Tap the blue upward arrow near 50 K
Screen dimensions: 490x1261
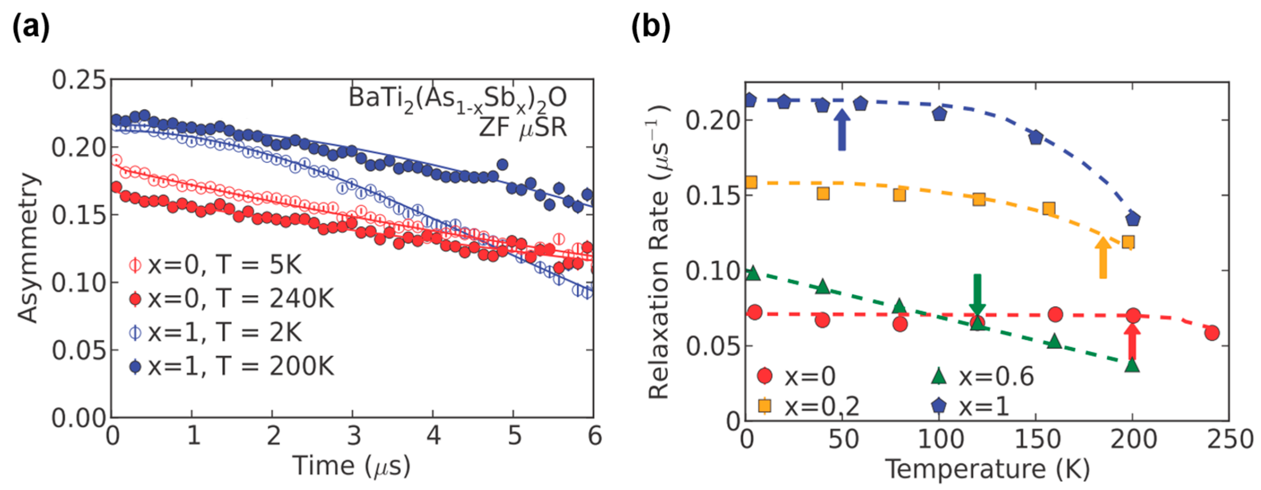(842, 130)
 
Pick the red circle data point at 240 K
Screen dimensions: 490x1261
(1212, 333)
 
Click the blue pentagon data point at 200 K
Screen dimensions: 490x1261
(1133, 219)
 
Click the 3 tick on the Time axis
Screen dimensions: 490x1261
(353, 435)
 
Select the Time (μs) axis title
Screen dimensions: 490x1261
(351, 466)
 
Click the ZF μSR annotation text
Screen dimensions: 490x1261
(522, 128)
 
